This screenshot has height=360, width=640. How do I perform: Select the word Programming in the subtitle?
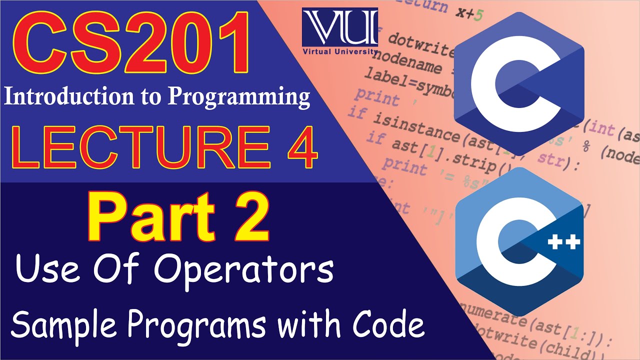click(x=239, y=97)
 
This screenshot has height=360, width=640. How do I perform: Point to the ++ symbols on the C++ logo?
click(x=564, y=242)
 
